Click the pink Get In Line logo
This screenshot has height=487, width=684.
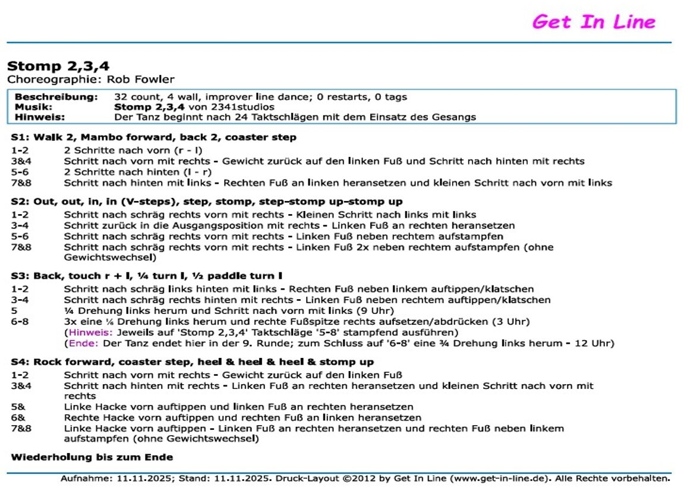click(x=593, y=22)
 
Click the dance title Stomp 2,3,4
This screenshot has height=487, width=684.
click(x=58, y=66)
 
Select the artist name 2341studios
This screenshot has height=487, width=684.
click(x=245, y=107)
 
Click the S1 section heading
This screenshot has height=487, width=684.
click(x=153, y=137)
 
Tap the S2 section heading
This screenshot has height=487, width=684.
click(x=206, y=202)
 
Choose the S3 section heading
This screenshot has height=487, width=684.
click(x=146, y=276)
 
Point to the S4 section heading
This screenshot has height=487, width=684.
click(x=192, y=362)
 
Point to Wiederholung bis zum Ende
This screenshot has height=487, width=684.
click(x=92, y=457)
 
